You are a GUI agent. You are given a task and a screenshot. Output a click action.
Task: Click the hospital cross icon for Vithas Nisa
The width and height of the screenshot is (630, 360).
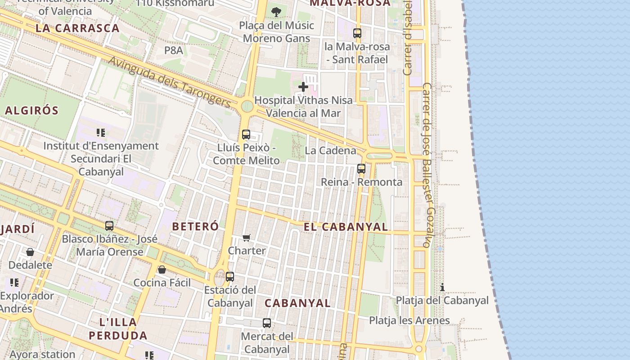point(303,86)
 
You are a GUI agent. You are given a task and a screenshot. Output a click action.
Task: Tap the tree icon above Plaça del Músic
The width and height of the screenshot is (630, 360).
point(276,12)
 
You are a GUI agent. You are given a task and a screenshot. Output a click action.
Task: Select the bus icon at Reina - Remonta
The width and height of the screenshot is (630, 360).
point(361,169)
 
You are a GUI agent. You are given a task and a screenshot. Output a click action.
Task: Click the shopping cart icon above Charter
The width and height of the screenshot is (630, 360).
point(246,237)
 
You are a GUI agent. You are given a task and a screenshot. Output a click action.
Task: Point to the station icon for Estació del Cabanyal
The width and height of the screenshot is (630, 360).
point(230,276)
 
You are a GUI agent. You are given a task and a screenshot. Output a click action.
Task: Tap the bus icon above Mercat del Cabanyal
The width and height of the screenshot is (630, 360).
point(267,323)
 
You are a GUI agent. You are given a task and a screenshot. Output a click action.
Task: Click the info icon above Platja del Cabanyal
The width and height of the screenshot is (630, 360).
point(442,287)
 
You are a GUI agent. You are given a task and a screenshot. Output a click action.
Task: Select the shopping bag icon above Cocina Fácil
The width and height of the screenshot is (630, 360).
point(162,269)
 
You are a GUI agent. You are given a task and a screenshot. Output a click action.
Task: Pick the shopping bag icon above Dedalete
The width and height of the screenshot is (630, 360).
point(30,252)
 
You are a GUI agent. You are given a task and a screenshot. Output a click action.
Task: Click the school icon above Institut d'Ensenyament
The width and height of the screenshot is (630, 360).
point(101,132)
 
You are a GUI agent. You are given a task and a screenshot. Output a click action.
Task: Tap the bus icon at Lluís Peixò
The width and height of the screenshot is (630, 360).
point(246,134)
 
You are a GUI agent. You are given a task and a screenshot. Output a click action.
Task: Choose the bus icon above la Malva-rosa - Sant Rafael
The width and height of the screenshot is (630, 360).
point(357,33)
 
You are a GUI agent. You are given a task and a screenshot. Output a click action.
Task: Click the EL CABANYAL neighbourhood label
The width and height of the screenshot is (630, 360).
point(346,227)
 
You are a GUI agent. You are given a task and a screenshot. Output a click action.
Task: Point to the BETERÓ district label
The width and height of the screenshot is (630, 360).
point(195,226)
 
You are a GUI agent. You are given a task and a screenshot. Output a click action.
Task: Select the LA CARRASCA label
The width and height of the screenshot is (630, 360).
point(77,28)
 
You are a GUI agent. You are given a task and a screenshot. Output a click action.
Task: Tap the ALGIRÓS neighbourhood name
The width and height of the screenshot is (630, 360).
point(32,110)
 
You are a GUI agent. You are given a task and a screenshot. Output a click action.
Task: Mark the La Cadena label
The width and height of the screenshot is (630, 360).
point(330,151)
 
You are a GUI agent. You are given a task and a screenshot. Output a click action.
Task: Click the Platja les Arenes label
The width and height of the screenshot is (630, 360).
point(409,320)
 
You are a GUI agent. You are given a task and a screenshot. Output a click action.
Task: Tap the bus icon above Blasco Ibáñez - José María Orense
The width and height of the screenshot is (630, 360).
point(109,225)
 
